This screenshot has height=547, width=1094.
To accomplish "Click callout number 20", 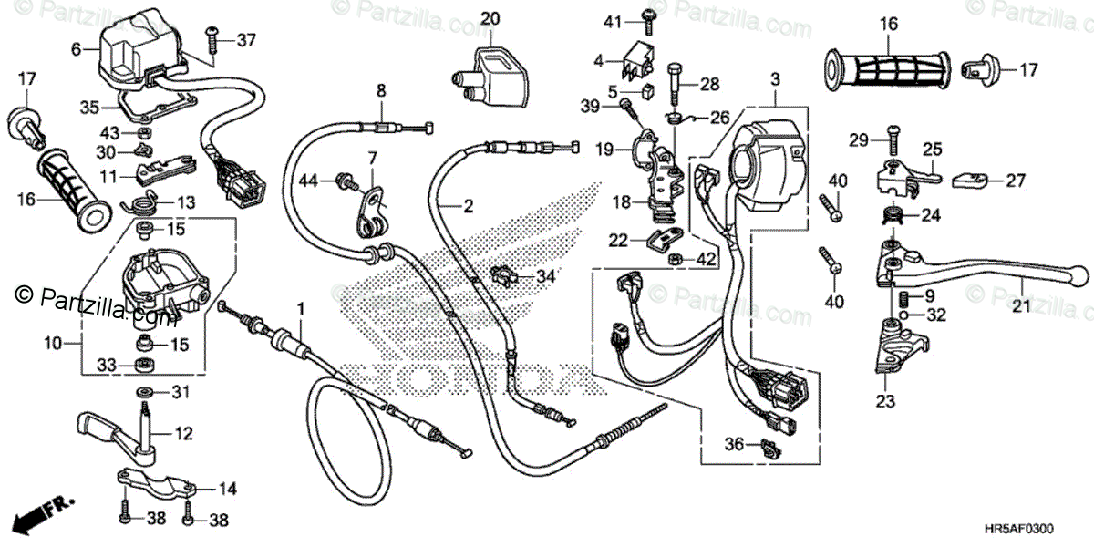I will pyautogui.click(x=490, y=18).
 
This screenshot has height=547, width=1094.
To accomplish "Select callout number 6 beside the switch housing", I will pyautogui.click(x=76, y=49).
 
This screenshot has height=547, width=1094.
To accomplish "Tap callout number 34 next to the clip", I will pyautogui.click(x=544, y=275).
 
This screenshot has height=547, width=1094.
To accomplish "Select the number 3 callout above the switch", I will pyautogui.click(x=775, y=79).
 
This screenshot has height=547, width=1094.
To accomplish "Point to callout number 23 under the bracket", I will pyautogui.click(x=887, y=400).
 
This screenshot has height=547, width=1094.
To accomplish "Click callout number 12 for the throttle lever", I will pyautogui.click(x=183, y=434).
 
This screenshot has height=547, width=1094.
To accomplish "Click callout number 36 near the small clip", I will pyautogui.click(x=734, y=445).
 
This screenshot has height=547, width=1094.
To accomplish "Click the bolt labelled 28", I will pyautogui.click(x=709, y=84).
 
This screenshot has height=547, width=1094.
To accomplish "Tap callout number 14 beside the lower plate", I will pyautogui.click(x=226, y=490).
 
